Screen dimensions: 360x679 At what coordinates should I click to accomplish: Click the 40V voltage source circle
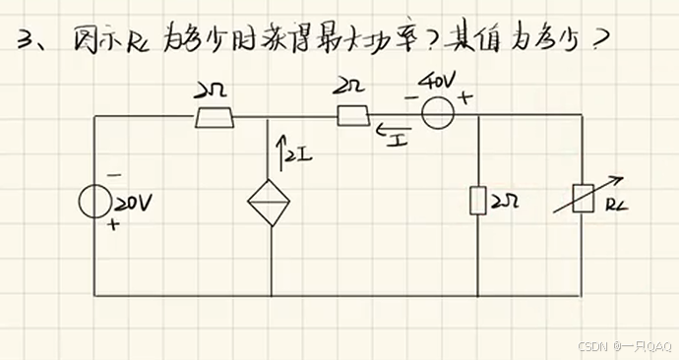point(436,115)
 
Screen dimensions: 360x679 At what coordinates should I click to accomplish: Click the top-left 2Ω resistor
point(215,117)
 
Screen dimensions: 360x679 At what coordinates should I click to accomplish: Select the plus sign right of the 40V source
point(463,98)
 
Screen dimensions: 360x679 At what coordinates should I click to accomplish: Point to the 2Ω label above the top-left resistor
point(212,90)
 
